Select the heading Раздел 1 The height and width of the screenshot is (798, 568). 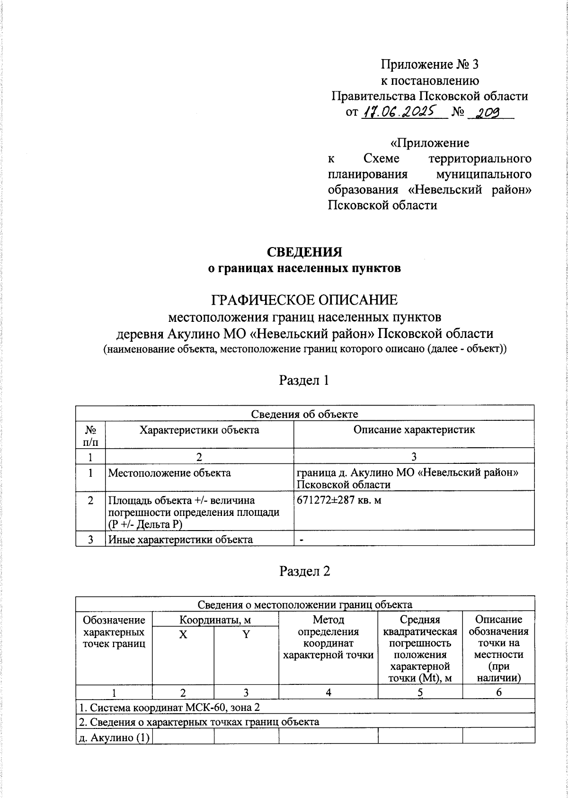pyautogui.click(x=304, y=380)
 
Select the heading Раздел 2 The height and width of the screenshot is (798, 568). pyautogui.click(x=304, y=571)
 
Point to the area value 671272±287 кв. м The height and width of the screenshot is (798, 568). pyautogui.click(x=339, y=500)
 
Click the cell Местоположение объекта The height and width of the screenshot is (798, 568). pyautogui.click(x=169, y=473)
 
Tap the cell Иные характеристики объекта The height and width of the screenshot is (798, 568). pyautogui.click(x=180, y=540)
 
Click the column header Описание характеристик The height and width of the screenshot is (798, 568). pyautogui.click(x=414, y=430)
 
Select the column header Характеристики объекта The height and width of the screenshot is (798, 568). pyautogui.click(x=199, y=430)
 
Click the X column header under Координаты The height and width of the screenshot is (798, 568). pyautogui.click(x=183, y=635)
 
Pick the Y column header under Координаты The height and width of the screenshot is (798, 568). pyautogui.click(x=246, y=635)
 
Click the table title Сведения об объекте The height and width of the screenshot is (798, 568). pyautogui.click(x=304, y=414)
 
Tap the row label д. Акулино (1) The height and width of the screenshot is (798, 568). pyautogui.click(x=114, y=737)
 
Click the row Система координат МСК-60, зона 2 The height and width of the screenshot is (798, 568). pyautogui.click(x=169, y=708)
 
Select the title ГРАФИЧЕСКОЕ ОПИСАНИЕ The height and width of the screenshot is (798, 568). pyautogui.click(x=304, y=300)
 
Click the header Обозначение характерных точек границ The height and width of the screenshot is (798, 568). pyautogui.click(x=114, y=631)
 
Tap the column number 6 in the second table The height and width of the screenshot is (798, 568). pyautogui.click(x=498, y=692)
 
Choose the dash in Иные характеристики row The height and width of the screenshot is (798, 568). pyautogui.click(x=301, y=540)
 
